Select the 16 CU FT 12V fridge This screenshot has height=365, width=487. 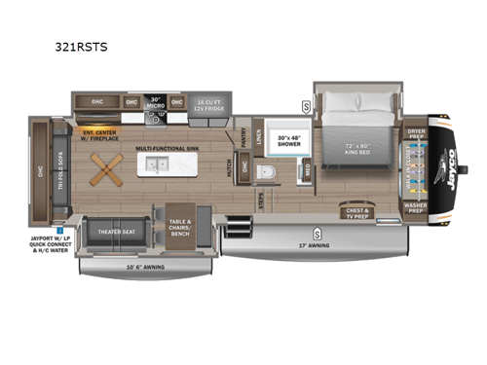click(207, 105)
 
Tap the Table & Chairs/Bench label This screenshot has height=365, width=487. click(179, 227)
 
